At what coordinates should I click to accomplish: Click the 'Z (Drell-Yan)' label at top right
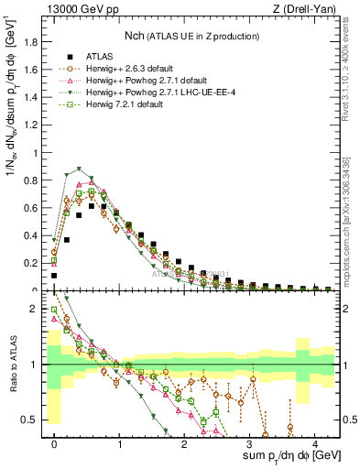(308, 9)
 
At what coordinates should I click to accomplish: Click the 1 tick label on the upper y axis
(38, 153)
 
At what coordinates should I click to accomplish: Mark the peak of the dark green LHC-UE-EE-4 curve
(80, 169)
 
